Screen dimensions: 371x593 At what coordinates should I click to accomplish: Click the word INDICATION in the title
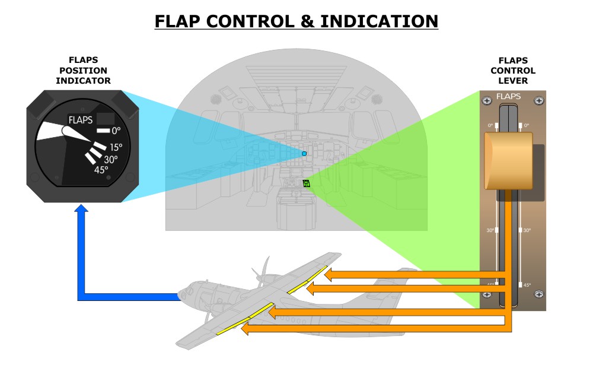click(x=379, y=21)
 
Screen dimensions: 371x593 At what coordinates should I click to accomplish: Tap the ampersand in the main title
click(x=307, y=21)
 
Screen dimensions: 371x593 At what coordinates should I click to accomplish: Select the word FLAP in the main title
click(x=179, y=21)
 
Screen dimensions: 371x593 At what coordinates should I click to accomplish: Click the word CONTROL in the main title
click(x=251, y=21)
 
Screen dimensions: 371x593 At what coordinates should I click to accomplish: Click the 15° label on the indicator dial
click(x=116, y=147)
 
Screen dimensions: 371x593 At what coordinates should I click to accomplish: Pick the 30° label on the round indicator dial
click(x=111, y=159)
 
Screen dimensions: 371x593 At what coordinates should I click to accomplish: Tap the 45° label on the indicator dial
click(x=101, y=170)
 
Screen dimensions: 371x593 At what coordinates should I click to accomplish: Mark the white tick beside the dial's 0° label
click(x=103, y=131)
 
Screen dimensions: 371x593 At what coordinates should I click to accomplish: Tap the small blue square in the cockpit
click(x=304, y=154)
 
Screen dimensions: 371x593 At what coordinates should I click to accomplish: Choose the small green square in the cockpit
click(x=307, y=183)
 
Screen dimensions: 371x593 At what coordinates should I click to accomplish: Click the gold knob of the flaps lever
click(x=509, y=161)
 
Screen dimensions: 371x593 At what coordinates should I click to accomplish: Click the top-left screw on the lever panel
click(x=486, y=101)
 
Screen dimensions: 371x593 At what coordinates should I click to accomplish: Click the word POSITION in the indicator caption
click(x=83, y=70)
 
